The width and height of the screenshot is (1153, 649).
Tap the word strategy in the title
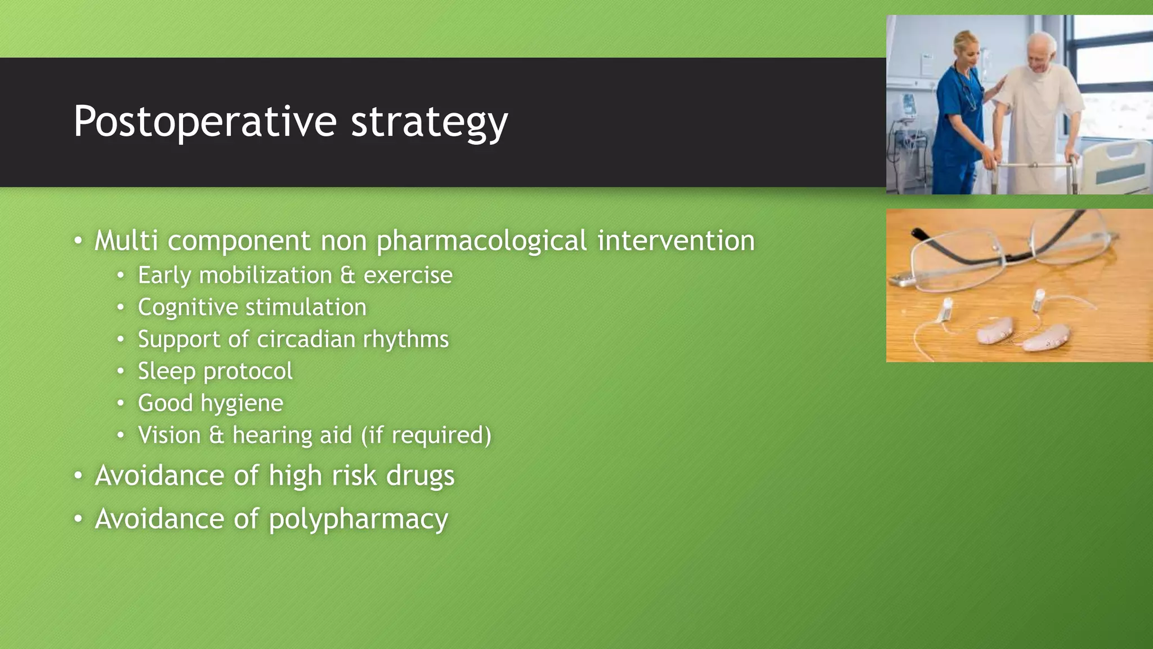pos(429,122)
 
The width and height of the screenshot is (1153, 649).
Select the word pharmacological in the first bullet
pos(482,241)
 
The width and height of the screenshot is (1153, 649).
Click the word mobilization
pos(266,275)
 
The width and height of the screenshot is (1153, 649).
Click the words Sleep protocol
pos(215,371)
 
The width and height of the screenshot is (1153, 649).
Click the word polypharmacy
pos(358,519)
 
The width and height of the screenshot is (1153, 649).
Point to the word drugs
pos(420,475)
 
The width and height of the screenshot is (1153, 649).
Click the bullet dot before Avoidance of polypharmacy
pos(78,518)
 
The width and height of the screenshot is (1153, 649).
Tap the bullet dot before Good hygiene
pos(120,403)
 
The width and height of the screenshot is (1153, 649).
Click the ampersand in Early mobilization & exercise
pos(348,275)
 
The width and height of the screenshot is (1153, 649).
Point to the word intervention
pos(676,241)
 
